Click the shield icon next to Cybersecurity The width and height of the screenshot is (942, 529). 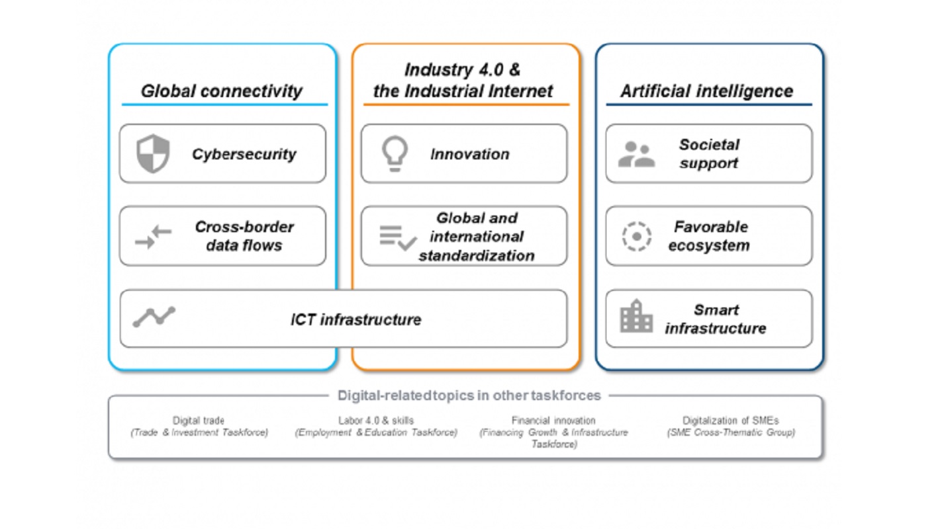tap(153, 153)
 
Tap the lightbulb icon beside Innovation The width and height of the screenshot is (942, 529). tap(395, 153)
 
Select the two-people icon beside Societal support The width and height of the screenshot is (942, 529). tap(636, 154)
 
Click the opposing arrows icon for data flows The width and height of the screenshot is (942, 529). tap(153, 237)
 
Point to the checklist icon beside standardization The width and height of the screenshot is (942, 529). tap(398, 238)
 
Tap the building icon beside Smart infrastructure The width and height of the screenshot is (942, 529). tap(636, 316)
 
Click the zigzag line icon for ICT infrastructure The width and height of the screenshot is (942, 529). tap(154, 316)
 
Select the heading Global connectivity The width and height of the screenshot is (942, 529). tap(222, 91)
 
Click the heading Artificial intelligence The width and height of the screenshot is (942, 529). tap(707, 91)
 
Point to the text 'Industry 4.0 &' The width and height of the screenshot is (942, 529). tap(463, 69)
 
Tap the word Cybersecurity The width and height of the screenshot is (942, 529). tap(244, 154)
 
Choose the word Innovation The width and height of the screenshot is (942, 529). tap(470, 154)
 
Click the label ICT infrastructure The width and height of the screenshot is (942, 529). tap(355, 320)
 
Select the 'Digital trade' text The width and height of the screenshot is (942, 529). tap(199, 420)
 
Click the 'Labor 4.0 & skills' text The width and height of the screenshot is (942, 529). tap(376, 420)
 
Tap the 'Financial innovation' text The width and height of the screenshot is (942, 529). tap(553, 420)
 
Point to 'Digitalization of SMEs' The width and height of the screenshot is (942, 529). tap(731, 420)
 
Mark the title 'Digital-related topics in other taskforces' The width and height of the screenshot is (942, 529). tap(469, 395)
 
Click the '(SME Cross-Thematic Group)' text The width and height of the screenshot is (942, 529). tap(731, 432)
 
